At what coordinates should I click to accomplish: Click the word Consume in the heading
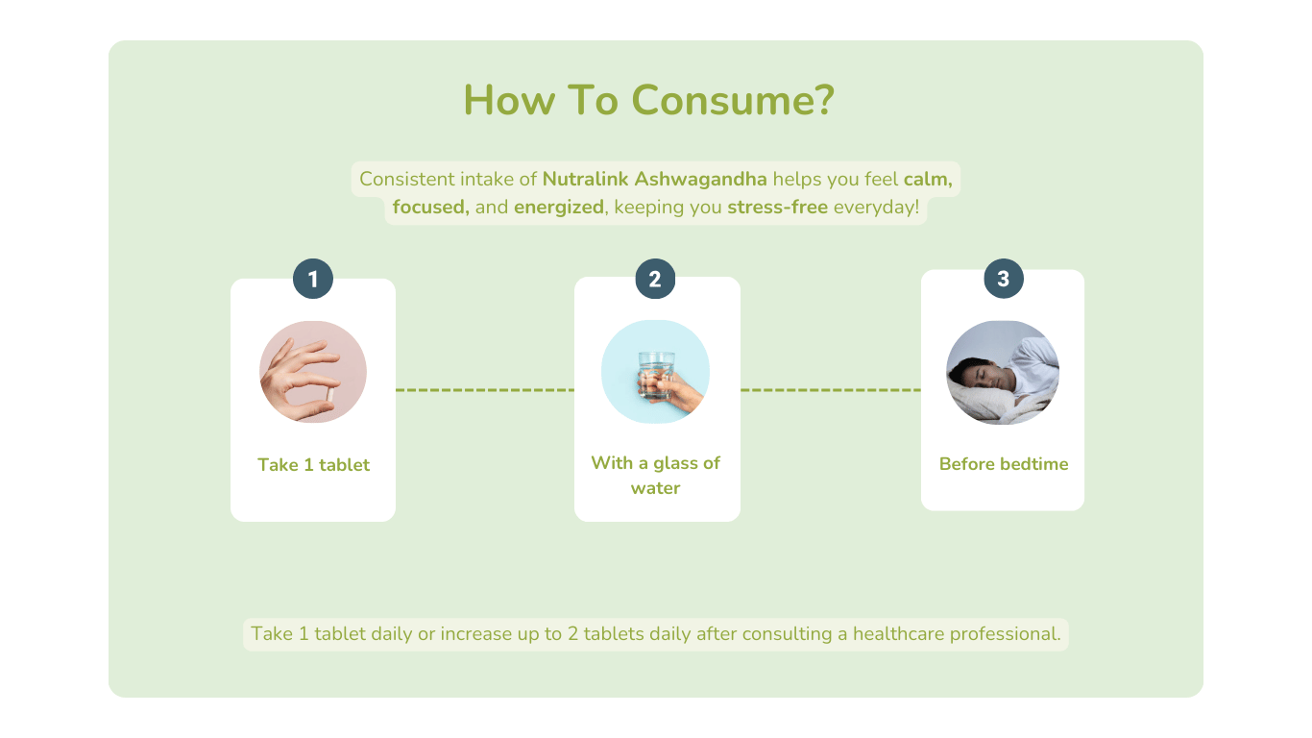pyautogui.click(x=732, y=100)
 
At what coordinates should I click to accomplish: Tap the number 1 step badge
pyautogui.click(x=313, y=279)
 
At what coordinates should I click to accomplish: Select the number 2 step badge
pyautogui.click(x=655, y=279)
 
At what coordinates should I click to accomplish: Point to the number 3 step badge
pyautogui.click(x=1004, y=279)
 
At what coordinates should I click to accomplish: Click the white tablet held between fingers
pyautogui.click(x=329, y=395)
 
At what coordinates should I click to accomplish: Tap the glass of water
pyautogui.click(x=656, y=376)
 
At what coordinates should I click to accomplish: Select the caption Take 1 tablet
pyautogui.click(x=313, y=465)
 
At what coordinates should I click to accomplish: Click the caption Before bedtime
pyautogui.click(x=1004, y=464)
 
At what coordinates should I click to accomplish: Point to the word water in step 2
pyautogui.click(x=655, y=488)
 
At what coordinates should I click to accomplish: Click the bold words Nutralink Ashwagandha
pyautogui.click(x=654, y=179)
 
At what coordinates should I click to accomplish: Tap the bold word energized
pyautogui.click(x=559, y=208)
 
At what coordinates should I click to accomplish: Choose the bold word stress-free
pyautogui.click(x=777, y=207)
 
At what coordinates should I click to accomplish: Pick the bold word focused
pyautogui.click(x=430, y=207)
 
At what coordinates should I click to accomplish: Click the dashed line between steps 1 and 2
pyautogui.click(x=485, y=390)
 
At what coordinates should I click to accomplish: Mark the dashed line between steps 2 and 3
pyautogui.click(x=831, y=390)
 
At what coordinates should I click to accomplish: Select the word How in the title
pyautogui.click(x=509, y=100)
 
